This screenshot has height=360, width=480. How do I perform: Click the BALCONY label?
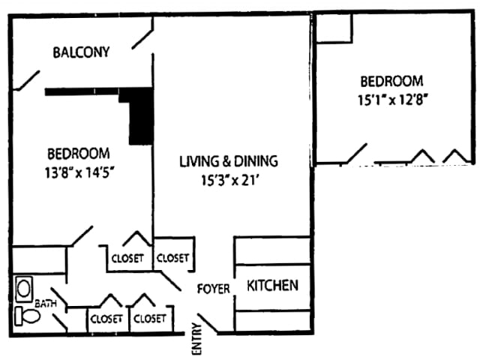[81, 52]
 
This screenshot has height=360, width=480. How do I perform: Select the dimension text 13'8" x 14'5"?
[80, 170]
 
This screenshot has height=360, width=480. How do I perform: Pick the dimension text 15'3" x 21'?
[228, 179]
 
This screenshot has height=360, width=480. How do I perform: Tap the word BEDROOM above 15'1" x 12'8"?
[391, 81]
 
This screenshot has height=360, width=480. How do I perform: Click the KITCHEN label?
[273, 286]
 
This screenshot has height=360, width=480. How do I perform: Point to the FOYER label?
[214, 289]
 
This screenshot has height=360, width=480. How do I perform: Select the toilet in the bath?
[27, 316]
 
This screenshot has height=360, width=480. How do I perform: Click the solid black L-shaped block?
[139, 112]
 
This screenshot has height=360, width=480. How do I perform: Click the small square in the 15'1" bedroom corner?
[334, 28]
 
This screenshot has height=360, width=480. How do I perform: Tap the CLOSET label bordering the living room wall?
[173, 258]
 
